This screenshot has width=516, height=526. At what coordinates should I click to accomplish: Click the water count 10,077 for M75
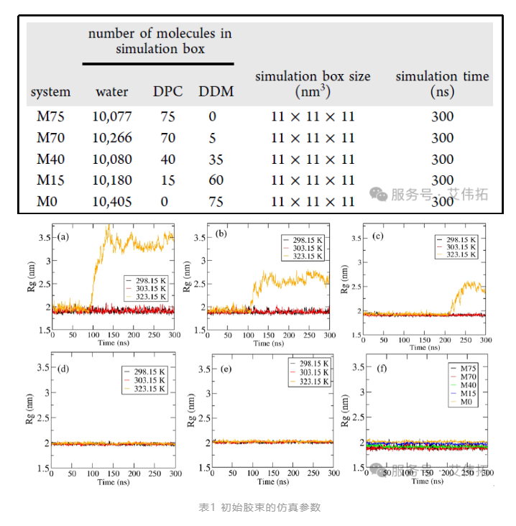click(x=112, y=116)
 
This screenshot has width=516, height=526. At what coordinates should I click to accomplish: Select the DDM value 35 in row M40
click(x=216, y=159)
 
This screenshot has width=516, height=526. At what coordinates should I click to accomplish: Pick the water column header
click(x=112, y=92)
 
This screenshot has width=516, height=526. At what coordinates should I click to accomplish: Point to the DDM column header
click(x=216, y=92)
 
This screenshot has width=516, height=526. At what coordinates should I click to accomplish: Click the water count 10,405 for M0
click(x=112, y=202)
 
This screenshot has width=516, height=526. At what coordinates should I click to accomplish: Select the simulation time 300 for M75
click(x=442, y=116)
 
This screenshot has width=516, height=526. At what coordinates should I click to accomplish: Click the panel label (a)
click(x=64, y=236)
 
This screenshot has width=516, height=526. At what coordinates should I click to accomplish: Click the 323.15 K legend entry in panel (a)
click(x=147, y=297)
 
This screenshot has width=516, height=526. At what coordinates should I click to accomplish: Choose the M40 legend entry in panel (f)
click(x=468, y=385)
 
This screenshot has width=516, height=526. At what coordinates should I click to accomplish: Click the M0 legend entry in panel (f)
click(x=466, y=402)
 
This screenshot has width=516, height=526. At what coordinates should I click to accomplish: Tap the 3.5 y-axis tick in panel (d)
click(x=44, y=367)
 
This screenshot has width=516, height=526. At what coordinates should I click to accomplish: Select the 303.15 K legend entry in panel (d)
click(x=147, y=379)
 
